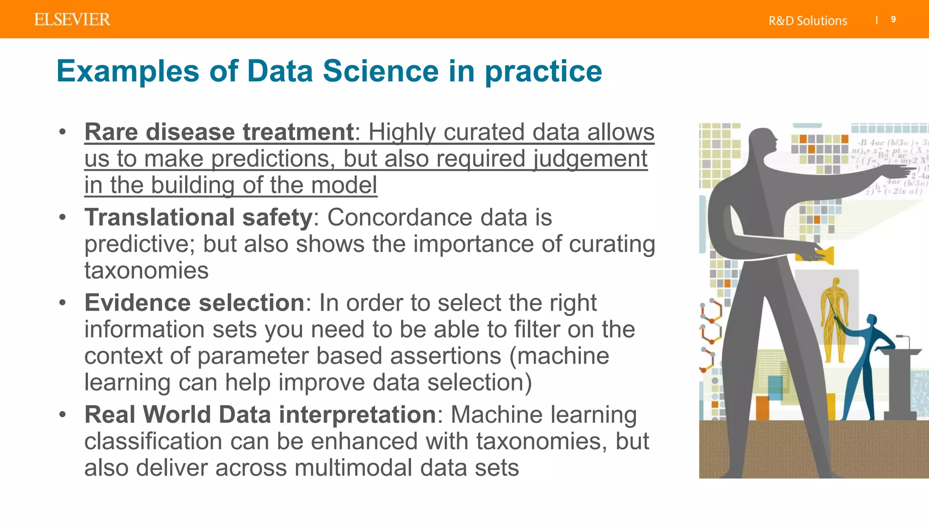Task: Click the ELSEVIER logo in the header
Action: point(72,20)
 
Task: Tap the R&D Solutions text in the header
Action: point(807,21)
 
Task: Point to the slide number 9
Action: point(893,20)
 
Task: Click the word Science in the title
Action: point(381,71)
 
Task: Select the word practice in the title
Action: point(543,72)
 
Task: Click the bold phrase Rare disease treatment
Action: point(219,132)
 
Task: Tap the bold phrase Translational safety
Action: point(198,217)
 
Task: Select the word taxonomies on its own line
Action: point(146,271)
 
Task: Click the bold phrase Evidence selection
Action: point(194,302)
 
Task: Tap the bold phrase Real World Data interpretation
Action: point(260,414)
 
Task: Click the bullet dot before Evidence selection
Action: point(63,302)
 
